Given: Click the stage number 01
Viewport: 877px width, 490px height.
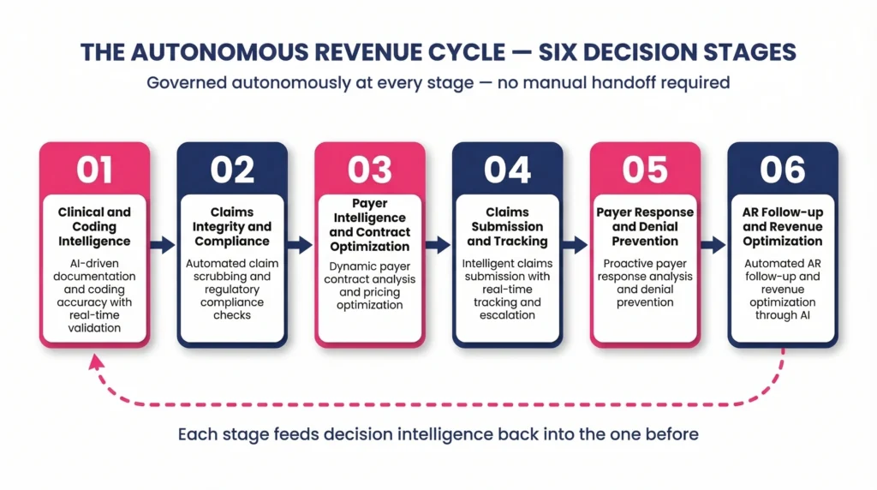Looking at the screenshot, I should pos(94,170).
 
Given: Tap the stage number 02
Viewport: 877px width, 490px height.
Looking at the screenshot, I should pos(232,170).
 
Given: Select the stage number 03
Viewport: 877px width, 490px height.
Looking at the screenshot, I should pos(369,170).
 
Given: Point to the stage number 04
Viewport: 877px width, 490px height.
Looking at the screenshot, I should pos(507,170).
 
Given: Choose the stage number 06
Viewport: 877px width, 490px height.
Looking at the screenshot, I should pos(782,170).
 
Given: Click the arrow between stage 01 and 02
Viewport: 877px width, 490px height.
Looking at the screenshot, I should pos(163,245).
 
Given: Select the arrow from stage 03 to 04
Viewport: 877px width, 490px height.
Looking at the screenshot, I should pos(438,245).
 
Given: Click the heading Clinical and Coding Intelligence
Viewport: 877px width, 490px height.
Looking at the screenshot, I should pos(94,226).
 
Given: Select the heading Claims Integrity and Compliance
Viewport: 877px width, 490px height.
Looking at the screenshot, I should pos(232,226).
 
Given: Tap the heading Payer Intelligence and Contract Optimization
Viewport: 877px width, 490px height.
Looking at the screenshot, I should pos(369,225).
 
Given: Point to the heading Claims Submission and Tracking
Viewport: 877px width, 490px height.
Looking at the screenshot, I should pos(507,226).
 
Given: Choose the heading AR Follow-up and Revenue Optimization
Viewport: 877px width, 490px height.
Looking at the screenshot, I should pos(782,226).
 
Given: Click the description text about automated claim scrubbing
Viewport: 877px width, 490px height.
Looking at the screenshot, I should pos(232,289).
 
